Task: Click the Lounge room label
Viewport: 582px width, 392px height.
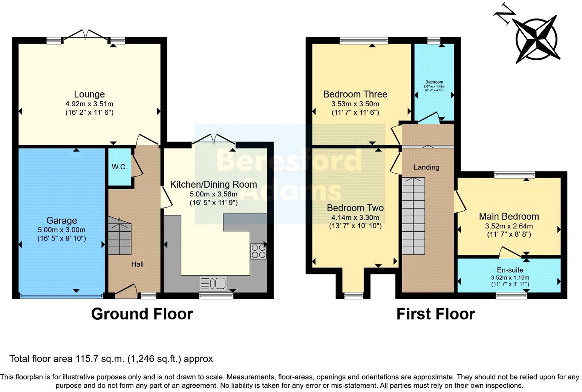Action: [89, 94]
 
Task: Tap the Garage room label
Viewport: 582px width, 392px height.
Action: [61, 220]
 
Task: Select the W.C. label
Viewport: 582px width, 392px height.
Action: [119, 167]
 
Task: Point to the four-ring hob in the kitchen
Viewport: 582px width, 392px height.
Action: [259, 251]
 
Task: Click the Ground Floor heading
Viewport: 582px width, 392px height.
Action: [142, 314]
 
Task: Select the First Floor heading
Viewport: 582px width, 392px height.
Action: [435, 314]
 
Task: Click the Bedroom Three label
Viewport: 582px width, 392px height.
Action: [355, 94]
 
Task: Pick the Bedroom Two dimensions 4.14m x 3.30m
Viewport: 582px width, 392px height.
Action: [355, 217]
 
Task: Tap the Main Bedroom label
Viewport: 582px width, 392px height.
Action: [509, 216]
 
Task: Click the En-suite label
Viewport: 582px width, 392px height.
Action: [510, 270]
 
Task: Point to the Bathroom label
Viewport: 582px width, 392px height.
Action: [434, 82]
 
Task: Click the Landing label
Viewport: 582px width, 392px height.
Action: [426, 167]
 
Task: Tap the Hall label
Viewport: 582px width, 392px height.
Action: [137, 264]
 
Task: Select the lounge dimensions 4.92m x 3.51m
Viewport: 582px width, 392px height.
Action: [89, 104]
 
